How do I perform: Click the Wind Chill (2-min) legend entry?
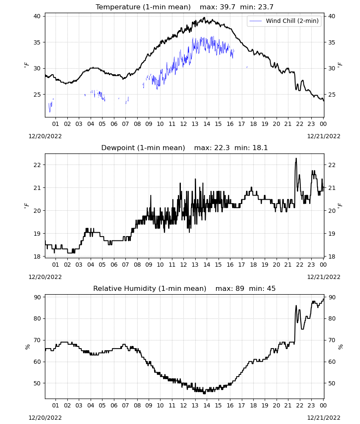[x=284, y=21]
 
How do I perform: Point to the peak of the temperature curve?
[x=205, y=17]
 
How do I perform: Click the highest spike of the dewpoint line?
[x=296, y=159]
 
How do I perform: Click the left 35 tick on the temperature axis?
[x=37, y=42]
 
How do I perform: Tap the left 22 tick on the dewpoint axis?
[x=37, y=165]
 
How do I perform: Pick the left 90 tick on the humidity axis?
[x=37, y=297]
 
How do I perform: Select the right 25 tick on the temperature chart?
[x=332, y=95]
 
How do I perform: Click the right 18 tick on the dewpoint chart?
[x=332, y=257]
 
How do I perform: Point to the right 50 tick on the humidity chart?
[x=332, y=383]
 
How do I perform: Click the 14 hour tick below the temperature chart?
[x=207, y=124]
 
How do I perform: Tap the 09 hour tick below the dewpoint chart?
[x=149, y=265]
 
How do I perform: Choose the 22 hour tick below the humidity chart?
[x=300, y=405]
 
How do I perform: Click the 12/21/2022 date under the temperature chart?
[x=324, y=136]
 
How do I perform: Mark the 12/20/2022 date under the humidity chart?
[x=45, y=418]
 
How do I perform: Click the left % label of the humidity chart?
[x=27, y=347]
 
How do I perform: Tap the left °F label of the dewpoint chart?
[x=26, y=206]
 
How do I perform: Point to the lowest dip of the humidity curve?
[x=205, y=393]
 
